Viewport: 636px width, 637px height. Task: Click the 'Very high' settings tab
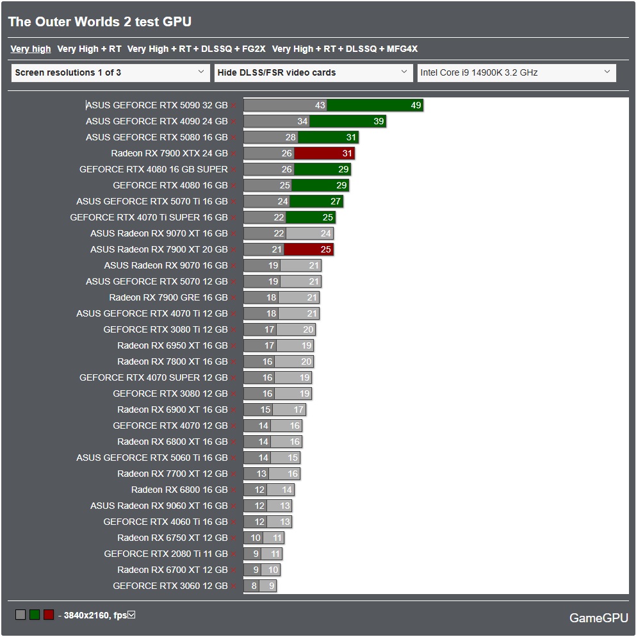click(31, 49)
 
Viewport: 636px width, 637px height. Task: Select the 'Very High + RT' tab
click(89, 49)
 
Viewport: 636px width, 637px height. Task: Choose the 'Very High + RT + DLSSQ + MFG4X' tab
click(345, 49)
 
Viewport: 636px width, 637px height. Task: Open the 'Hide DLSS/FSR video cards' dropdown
click(313, 72)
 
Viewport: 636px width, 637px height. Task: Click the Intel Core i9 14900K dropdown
click(516, 72)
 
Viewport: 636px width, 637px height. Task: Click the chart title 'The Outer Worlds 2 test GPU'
click(100, 22)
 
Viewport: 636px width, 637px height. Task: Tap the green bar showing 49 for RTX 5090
click(375, 105)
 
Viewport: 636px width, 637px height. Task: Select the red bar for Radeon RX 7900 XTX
click(324, 153)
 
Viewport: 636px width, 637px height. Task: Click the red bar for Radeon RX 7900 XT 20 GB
click(309, 249)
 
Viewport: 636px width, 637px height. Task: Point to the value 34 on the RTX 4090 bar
click(302, 121)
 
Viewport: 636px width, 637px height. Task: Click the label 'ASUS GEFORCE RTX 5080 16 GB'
click(157, 137)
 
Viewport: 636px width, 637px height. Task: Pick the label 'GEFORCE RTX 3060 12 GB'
click(170, 586)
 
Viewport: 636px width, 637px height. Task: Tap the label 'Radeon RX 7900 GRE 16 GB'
click(168, 297)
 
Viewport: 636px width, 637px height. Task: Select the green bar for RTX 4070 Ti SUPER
click(310, 217)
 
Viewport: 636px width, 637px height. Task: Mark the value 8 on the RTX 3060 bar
click(254, 586)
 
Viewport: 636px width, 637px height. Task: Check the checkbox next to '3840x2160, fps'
click(131, 615)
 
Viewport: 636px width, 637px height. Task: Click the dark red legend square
click(49, 615)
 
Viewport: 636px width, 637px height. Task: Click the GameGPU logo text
click(599, 618)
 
